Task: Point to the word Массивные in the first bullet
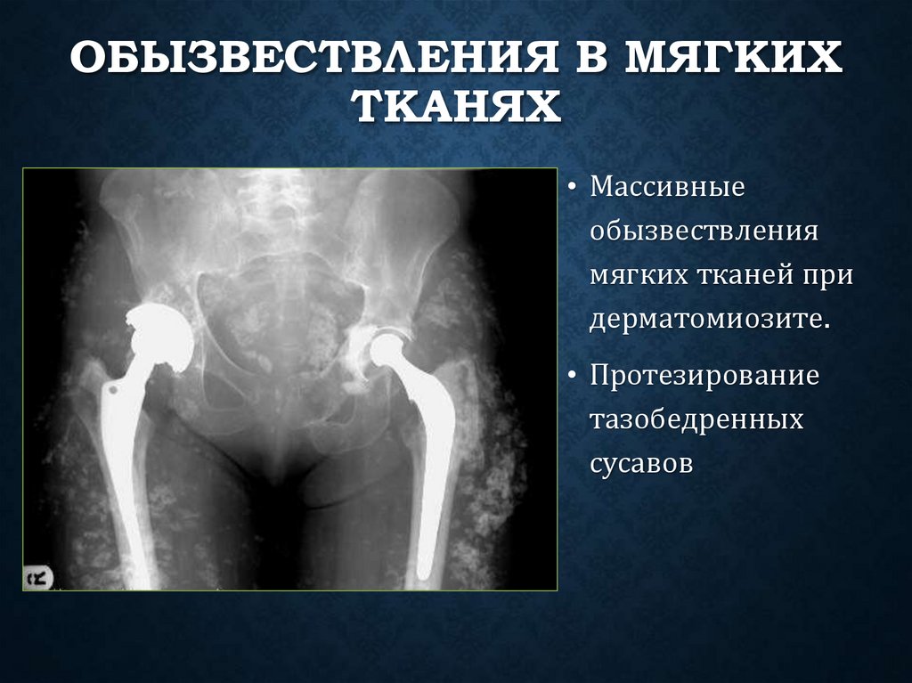click(x=667, y=189)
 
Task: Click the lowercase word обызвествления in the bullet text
click(x=704, y=232)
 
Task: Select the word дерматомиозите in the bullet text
click(x=709, y=319)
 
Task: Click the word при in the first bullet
click(x=827, y=275)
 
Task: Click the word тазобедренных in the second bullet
click(x=696, y=419)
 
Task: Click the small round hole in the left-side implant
click(x=115, y=389)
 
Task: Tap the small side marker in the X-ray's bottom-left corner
click(x=39, y=577)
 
